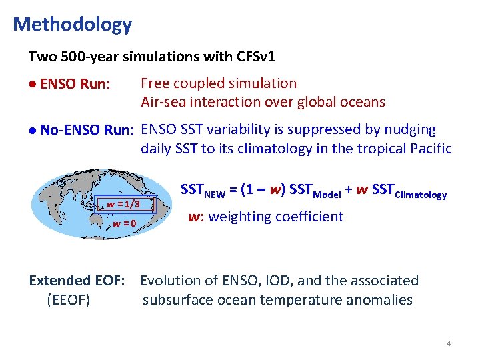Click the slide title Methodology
tap(72, 25)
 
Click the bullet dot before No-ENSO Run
tap(33, 131)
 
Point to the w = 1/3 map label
tap(123, 204)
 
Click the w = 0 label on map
tap(125, 223)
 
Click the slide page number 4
tap(449, 343)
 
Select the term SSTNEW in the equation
tap(205, 191)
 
